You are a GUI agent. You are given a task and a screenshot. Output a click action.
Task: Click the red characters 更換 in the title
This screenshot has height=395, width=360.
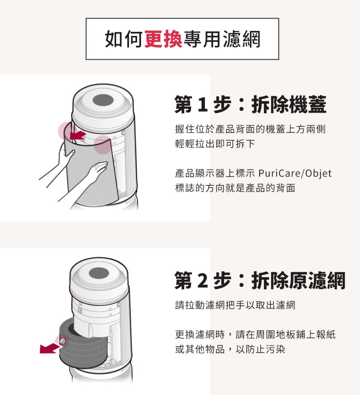tap(163, 39)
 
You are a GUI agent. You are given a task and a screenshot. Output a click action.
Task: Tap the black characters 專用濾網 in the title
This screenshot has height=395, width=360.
tap(222, 39)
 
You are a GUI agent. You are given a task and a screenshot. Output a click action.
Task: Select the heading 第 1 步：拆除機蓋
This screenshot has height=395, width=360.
tap(250, 104)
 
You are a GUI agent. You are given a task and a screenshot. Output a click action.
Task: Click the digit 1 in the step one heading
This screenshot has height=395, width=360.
tap(203, 105)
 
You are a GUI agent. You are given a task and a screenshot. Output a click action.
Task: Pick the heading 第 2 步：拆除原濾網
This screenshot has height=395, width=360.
tap(260, 280)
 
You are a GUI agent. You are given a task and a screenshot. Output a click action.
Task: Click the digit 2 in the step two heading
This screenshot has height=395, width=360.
tap(203, 280)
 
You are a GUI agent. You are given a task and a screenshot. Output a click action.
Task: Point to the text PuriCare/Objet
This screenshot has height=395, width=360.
tap(295, 173)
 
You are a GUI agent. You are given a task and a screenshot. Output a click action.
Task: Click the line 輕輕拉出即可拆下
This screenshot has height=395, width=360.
tap(215, 144)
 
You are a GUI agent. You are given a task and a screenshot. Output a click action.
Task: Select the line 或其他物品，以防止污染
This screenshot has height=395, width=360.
tap(230, 349)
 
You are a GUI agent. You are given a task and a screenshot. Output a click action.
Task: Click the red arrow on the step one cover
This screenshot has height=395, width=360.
tap(78, 135)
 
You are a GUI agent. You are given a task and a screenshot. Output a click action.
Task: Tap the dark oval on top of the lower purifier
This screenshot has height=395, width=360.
tap(99, 274)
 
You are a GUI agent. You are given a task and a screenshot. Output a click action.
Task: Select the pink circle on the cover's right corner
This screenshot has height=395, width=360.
tap(102, 145)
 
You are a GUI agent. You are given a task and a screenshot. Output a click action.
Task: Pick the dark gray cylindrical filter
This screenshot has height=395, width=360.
tap(84, 346)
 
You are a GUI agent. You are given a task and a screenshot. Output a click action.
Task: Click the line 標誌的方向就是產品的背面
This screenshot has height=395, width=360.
tap(235, 188)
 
